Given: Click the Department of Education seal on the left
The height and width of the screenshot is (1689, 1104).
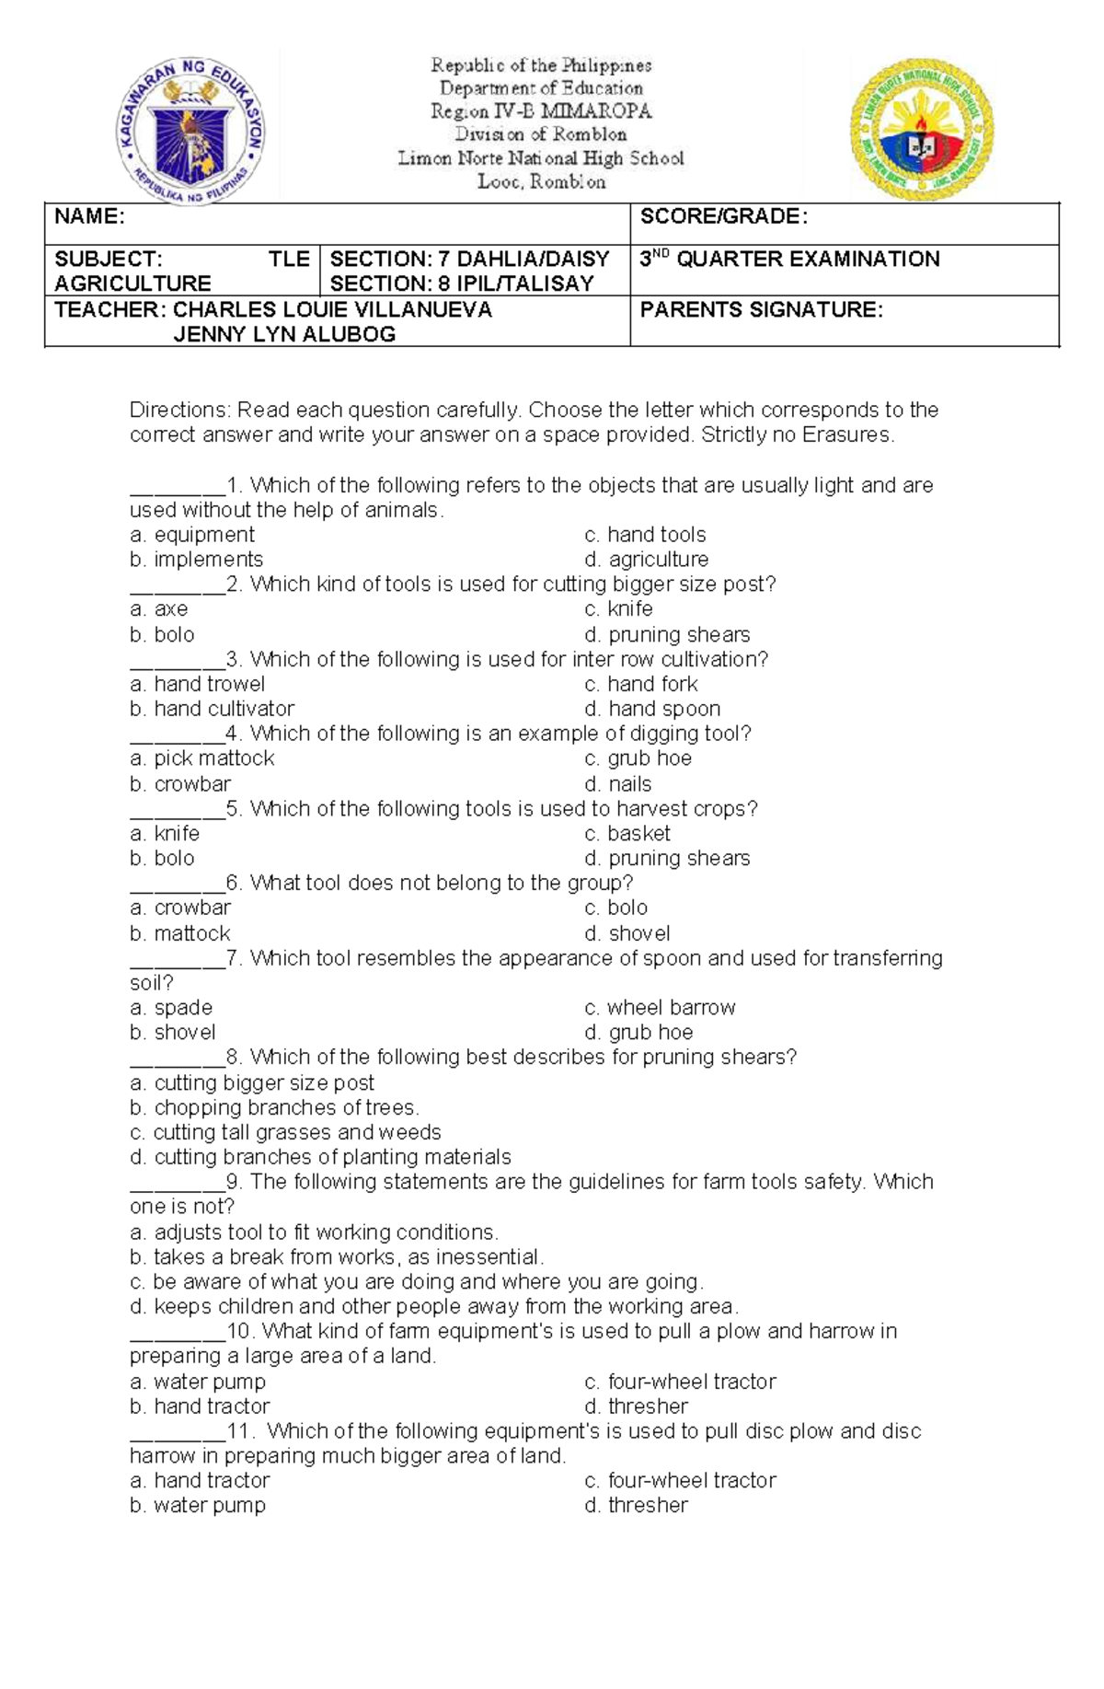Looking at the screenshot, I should (191, 127).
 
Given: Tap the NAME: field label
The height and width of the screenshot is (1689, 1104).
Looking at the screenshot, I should (90, 217).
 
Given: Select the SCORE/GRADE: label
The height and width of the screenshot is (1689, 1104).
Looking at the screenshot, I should (723, 217).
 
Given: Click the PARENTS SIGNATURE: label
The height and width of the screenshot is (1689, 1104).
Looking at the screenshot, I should (761, 310).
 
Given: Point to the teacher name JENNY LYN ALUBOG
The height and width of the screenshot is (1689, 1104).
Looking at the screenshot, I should (284, 334).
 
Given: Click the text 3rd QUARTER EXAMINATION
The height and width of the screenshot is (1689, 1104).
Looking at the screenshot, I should (789, 260).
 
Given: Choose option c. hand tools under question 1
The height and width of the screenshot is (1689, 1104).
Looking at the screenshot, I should (645, 535).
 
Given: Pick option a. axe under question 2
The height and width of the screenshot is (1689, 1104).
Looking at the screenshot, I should (159, 609).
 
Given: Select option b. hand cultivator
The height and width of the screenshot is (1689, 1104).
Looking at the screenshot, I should (213, 709).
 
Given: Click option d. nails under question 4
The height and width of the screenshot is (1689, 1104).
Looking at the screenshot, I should (618, 784).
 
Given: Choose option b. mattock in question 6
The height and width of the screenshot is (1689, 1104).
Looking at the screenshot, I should (180, 933).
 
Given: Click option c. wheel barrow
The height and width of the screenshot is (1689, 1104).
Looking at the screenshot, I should (660, 1008).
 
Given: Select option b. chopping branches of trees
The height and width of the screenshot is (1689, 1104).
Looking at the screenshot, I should (274, 1108).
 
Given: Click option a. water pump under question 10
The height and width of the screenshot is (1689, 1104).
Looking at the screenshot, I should (198, 1382).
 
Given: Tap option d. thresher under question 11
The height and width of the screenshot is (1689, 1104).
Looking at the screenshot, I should (636, 1506).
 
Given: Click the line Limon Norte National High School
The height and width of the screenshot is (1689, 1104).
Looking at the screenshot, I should (541, 158).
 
